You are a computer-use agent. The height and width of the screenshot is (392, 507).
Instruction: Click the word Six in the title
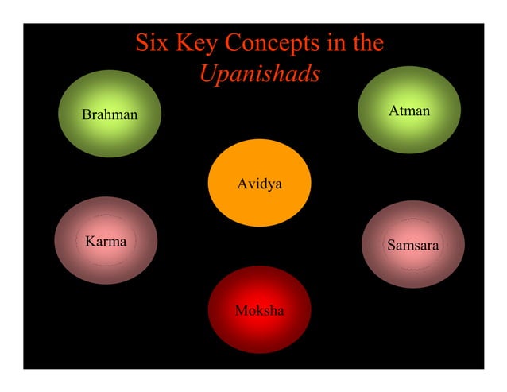[152, 43]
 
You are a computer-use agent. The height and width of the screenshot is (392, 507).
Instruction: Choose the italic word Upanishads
[260, 74]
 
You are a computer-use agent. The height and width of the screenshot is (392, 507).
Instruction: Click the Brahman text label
[110, 114]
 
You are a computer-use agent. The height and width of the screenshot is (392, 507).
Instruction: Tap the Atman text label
[409, 111]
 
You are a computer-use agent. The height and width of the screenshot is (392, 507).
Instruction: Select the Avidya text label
[260, 184]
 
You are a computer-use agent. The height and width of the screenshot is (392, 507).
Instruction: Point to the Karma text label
[106, 241]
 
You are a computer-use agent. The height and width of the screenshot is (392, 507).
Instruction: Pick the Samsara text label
[412, 246]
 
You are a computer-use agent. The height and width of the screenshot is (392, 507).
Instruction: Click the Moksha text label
[259, 309]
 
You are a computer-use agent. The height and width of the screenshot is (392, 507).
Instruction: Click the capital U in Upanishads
[207, 74]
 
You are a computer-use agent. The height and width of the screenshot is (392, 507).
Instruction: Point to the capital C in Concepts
[236, 43]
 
